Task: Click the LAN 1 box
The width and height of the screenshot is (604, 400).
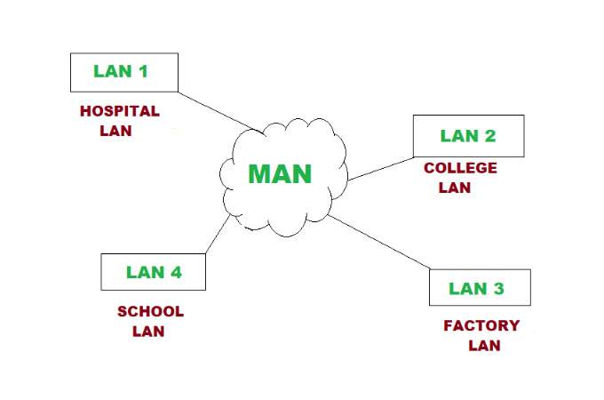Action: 123,72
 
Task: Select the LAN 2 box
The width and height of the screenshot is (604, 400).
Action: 468,136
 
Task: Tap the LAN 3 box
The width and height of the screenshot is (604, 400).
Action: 480,287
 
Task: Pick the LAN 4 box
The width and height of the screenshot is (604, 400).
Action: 154,272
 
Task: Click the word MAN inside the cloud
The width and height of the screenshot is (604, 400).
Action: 280,173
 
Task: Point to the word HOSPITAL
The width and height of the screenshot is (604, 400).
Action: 119,112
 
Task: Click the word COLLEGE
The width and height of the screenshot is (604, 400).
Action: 460,168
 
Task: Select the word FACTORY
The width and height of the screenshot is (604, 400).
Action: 481,325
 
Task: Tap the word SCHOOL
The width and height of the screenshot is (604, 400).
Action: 150,312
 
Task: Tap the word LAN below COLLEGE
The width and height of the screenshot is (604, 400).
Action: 455,188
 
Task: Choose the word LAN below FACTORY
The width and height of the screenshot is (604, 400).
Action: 484,346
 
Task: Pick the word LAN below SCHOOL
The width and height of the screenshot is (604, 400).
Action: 148,332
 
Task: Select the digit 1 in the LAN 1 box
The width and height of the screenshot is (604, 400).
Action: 142,71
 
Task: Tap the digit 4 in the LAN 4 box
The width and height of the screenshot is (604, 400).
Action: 175,272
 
